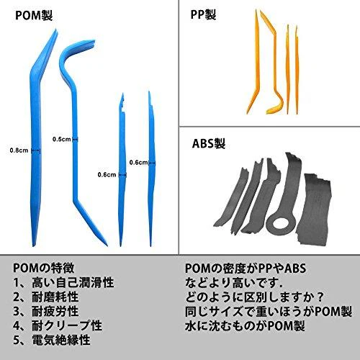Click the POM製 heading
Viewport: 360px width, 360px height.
34,15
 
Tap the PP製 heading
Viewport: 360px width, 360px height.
203,14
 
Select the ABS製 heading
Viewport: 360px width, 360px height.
209,143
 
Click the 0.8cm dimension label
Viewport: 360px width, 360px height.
19,150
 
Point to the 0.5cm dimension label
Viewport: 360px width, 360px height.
62,139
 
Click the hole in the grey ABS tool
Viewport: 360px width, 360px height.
282,224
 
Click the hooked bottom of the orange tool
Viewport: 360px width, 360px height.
276,107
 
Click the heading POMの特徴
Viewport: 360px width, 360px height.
43,268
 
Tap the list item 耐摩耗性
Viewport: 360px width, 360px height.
55,297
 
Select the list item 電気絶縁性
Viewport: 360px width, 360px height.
61,340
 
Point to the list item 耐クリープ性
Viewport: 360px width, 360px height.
67,325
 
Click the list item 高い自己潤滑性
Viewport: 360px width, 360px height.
73,282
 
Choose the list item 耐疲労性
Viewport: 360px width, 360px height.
55,311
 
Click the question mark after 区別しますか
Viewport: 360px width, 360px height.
319,297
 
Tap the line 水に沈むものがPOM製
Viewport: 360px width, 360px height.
245,326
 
